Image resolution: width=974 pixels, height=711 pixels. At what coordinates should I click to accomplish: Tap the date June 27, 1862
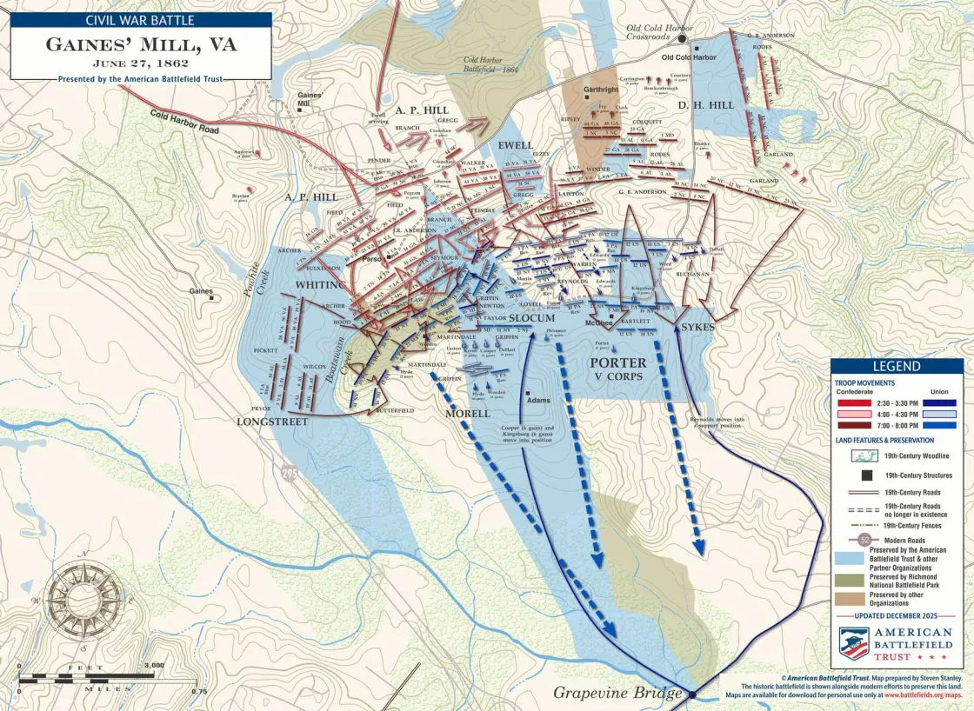[140, 63]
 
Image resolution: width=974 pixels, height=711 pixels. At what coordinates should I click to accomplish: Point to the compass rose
[73, 599]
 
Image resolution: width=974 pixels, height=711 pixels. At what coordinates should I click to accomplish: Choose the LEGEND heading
[896, 367]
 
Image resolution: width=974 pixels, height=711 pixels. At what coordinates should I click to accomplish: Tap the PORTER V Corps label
[618, 369]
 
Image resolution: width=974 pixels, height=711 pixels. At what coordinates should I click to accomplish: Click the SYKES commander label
[698, 328]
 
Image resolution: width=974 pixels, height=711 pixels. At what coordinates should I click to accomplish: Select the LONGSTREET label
[272, 422]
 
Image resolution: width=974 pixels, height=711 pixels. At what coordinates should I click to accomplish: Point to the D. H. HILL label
[710, 105]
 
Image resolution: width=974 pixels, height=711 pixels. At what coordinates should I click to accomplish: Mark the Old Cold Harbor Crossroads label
[661, 33]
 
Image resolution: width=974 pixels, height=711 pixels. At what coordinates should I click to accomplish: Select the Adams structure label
[538, 401]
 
